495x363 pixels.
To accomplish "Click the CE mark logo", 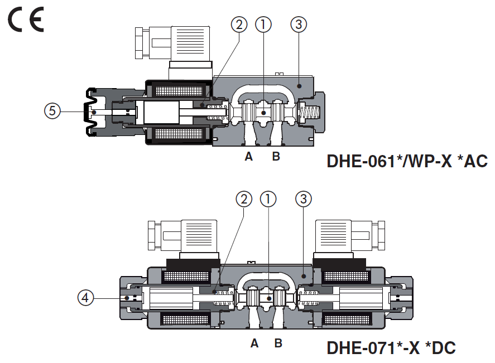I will (26, 21).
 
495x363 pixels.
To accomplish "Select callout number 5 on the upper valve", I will (52, 111).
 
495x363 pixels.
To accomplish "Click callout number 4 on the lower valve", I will (85, 298).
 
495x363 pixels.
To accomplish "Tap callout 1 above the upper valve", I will (263, 24).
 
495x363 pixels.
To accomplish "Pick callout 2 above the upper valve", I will (239, 24).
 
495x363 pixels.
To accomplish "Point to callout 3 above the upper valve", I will (299, 24).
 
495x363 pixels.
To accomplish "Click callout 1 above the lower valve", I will (268, 199).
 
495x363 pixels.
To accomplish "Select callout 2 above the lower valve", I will (244, 199).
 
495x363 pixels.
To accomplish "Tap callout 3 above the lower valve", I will (304, 199).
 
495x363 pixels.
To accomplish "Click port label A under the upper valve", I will (249, 157).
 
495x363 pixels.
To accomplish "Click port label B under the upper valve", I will (276, 157).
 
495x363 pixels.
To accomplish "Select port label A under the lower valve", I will (254, 343).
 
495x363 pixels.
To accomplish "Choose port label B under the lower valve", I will (278, 343).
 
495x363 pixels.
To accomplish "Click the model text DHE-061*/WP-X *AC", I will (407, 162).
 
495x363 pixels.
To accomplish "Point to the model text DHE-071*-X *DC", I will (391, 349).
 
